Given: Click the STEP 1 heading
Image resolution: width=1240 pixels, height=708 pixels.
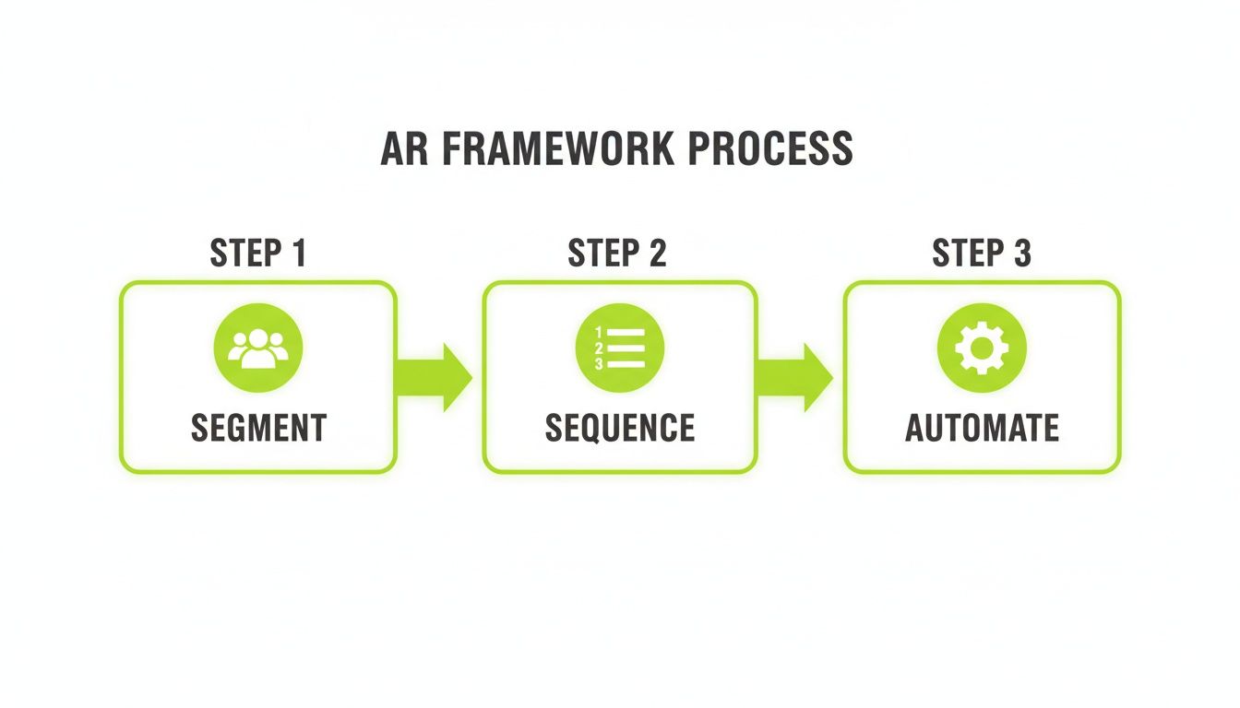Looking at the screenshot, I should pos(257,254).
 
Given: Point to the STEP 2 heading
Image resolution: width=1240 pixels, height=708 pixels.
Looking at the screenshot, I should pos(617,254).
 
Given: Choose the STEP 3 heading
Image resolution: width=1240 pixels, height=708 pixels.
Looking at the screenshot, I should pos(982,254).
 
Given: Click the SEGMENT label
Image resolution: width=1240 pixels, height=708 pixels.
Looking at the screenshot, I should pos(258,428).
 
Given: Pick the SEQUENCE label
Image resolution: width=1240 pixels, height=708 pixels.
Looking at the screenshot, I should pos(620,428).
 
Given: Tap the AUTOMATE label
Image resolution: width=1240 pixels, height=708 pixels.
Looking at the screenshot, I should pos(982,428).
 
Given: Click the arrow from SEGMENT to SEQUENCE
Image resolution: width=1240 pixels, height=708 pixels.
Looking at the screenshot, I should pos(434,377).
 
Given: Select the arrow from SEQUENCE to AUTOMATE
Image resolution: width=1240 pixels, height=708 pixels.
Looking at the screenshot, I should pos(794,377).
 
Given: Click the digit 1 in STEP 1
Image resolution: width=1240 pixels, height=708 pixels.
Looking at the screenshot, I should pos(297,254).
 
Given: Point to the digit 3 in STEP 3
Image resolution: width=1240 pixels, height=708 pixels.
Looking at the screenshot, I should pos(1021,254).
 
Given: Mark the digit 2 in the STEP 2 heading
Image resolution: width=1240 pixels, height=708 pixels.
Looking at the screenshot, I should pos(657,254).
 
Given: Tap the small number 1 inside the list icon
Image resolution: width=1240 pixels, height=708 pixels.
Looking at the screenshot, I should pos(599,332).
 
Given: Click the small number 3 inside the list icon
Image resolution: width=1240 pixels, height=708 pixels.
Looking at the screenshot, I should pos(599,364).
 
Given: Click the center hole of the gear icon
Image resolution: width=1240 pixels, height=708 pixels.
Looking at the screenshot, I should pos(982,348).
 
